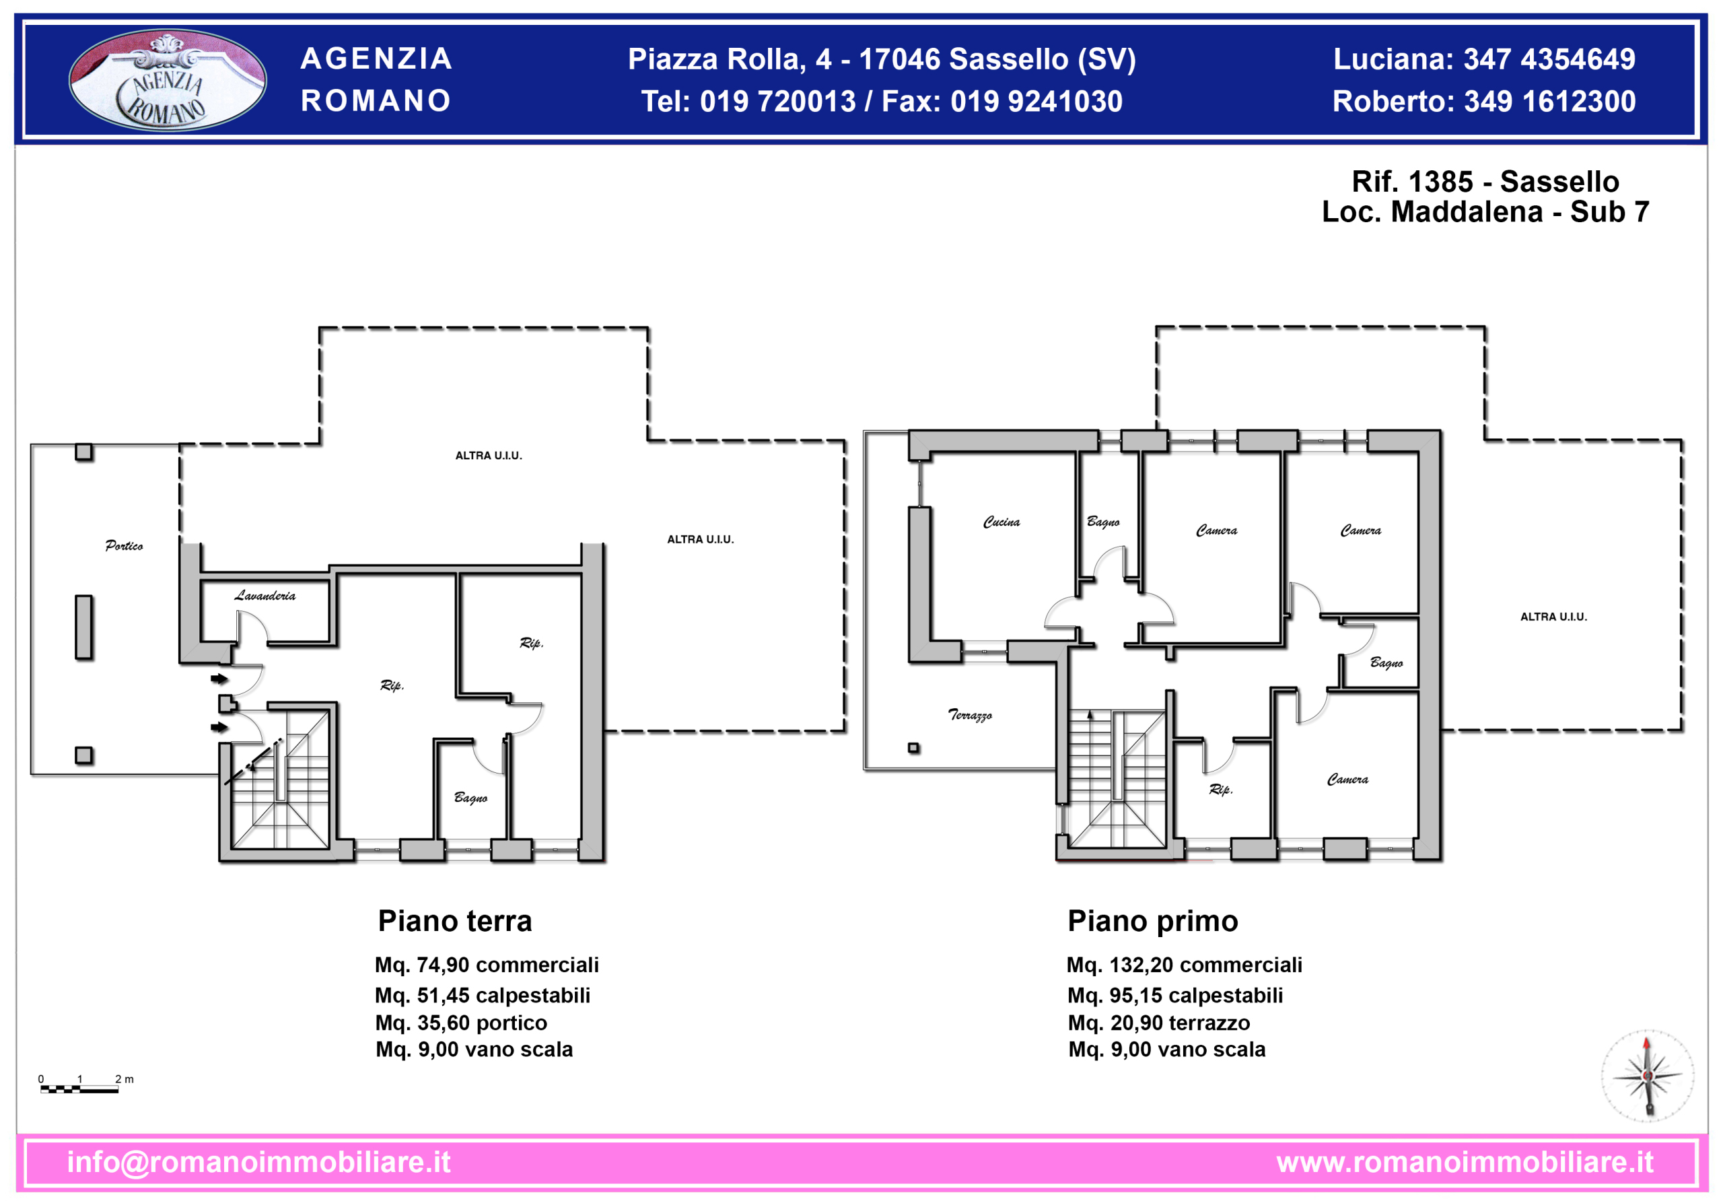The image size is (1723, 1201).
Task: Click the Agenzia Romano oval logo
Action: (168, 79)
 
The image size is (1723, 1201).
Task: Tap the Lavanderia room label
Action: (265, 595)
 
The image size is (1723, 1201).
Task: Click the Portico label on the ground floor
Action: (124, 546)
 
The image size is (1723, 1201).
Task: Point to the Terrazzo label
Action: (970, 714)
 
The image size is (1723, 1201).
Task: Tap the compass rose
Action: (1647, 1076)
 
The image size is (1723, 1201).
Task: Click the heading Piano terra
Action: (455, 921)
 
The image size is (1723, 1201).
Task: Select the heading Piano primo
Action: (1153, 921)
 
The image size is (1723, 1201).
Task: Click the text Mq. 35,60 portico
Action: (461, 1023)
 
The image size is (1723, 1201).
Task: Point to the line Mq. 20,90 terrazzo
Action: (1159, 1023)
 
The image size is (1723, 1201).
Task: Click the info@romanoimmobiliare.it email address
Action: (259, 1162)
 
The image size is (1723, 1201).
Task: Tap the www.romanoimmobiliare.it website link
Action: (1465, 1162)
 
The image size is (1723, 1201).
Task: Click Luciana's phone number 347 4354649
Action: (1549, 59)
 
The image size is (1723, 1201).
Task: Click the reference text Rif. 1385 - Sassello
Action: (1485, 182)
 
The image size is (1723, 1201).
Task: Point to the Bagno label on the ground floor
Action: (470, 797)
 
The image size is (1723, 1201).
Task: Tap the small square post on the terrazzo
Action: (913, 748)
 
